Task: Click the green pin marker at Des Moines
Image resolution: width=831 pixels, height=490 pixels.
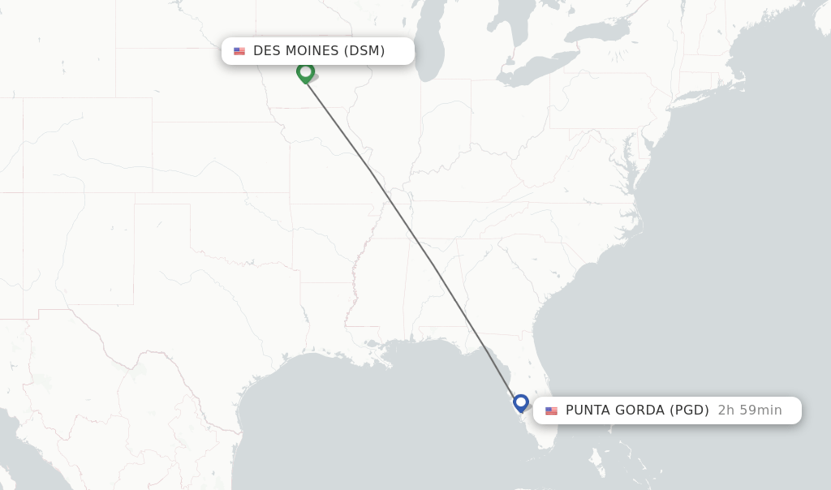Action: tap(305, 72)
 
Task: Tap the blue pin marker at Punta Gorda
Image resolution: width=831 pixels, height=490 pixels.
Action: tap(521, 402)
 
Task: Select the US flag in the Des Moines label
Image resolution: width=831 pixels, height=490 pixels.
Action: tap(239, 51)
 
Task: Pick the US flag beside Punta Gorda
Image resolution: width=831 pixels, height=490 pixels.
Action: tap(552, 410)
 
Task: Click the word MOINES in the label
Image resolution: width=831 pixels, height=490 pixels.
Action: tap(307, 51)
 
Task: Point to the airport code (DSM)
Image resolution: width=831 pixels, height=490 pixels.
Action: tap(364, 51)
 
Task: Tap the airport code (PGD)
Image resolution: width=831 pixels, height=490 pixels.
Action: tap(690, 410)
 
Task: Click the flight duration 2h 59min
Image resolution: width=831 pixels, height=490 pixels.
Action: tap(750, 410)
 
